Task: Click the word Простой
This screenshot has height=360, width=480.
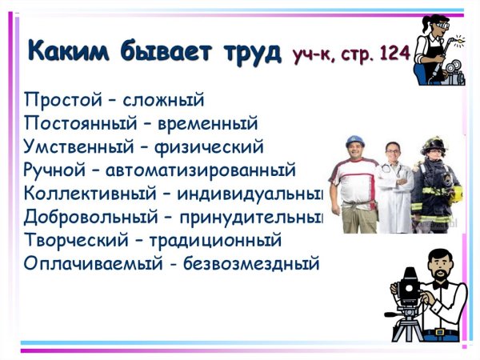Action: click(59, 101)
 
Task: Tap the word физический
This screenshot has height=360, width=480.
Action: click(214, 147)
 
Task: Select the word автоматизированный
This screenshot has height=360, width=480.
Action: click(208, 170)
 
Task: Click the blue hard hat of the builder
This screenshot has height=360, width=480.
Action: click(355, 142)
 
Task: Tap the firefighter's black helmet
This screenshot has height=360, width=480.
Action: click(433, 143)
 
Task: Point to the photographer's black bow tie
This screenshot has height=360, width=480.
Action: click(438, 283)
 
